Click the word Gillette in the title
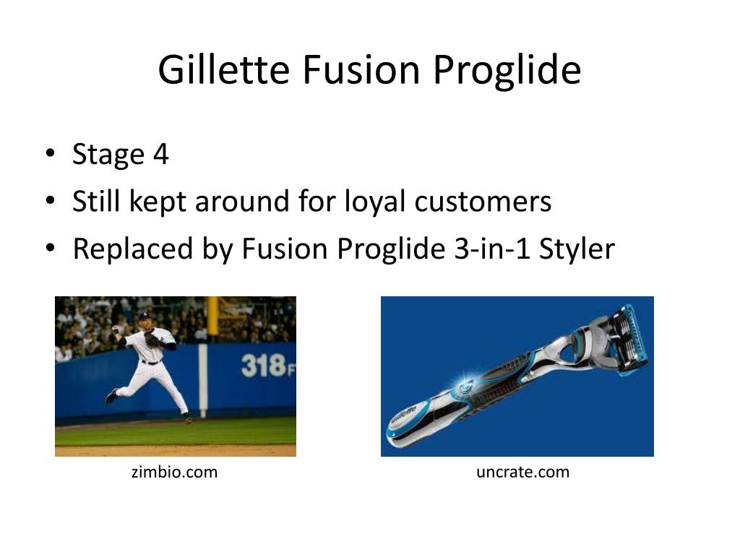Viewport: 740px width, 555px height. [x=224, y=69]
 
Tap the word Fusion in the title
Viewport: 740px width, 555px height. [x=361, y=69]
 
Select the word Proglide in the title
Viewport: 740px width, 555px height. [x=507, y=72]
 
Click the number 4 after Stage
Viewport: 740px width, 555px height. [x=161, y=154]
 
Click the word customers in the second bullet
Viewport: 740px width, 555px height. [x=483, y=202]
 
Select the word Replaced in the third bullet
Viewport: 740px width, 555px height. [x=133, y=249]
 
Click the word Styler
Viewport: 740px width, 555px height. [x=577, y=249]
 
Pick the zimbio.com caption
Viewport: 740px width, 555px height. [x=175, y=472]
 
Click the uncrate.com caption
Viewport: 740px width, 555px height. [x=523, y=472]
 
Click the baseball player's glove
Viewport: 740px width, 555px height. [x=152, y=340]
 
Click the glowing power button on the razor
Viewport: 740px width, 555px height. [x=465, y=387]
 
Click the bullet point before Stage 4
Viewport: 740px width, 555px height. [x=50, y=153]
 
